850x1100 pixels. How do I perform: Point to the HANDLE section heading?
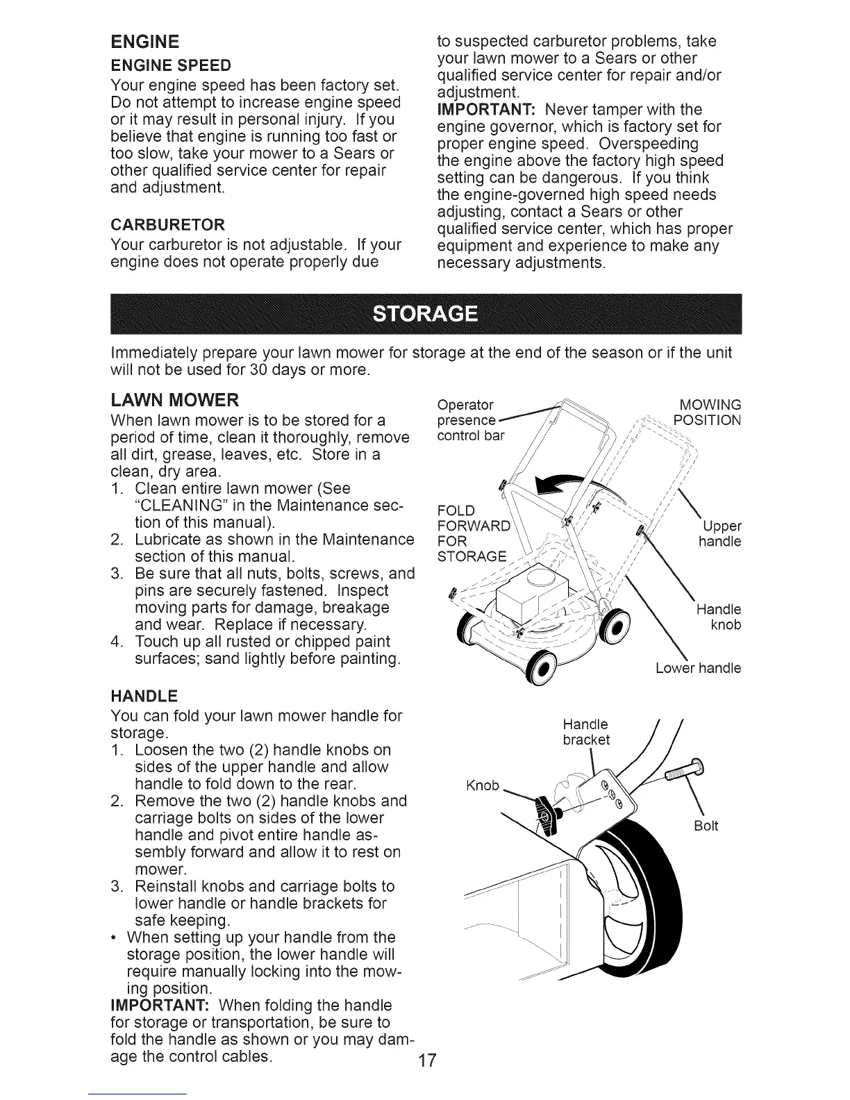point(144,696)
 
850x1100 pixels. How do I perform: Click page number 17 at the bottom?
point(426,1079)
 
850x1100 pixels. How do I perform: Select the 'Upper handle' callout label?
point(722,533)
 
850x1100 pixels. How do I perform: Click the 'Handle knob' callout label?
point(719,617)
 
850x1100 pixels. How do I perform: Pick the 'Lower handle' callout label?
point(698,669)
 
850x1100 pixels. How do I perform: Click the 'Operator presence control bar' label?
point(471,421)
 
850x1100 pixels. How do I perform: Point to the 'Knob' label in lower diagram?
point(483,785)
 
